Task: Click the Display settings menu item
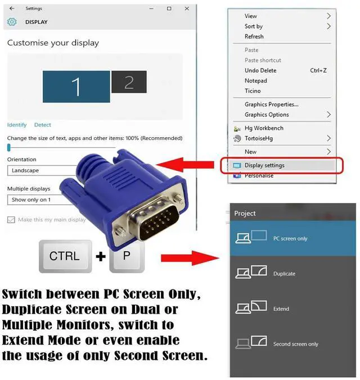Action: pyautogui.click(x=264, y=165)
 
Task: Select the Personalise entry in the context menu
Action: pyautogui.click(x=259, y=175)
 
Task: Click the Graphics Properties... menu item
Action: pyautogui.click(x=271, y=104)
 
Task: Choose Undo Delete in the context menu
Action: pyautogui.click(x=260, y=70)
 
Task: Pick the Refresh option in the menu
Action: pyautogui.click(x=254, y=37)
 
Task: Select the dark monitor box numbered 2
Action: pyautogui.click(x=129, y=82)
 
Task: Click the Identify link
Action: pyautogui.click(x=17, y=125)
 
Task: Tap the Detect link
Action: pyautogui.click(x=43, y=125)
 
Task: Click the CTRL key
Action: pyautogui.click(x=64, y=256)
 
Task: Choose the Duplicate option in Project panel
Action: pyautogui.click(x=284, y=274)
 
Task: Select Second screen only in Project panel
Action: pyautogui.click(x=295, y=344)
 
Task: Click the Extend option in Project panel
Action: pyautogui.click(x=281, y=309)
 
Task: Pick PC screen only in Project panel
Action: pyautogui.click(x=290, y=238)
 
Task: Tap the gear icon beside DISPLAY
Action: pyautogui.click(x=12, y=22)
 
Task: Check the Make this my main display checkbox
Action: pyautogui.click(x=11, y=220)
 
